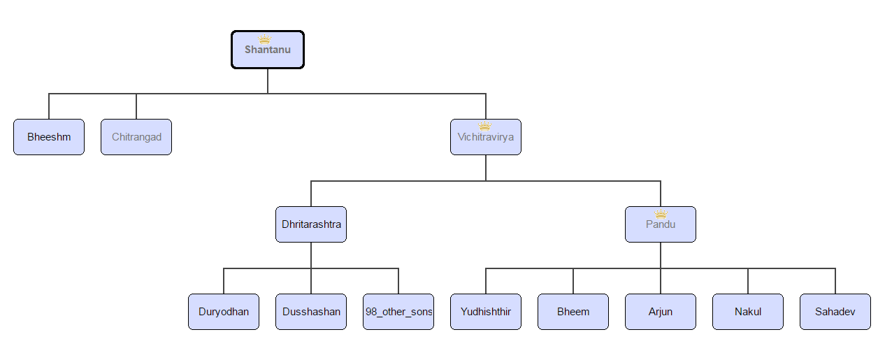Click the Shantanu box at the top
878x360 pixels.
click(x=268, y=50)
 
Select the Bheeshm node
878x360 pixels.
click(x=49, y=137)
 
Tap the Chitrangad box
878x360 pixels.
click(x=136, y=137)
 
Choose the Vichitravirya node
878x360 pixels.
click(x=486, y=138)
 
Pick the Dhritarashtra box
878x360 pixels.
click(x=311, y=225)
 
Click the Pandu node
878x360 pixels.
click(x=661, y=225)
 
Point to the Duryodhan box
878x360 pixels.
click(x=224, y=312)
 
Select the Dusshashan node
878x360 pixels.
click(x=311, y=312)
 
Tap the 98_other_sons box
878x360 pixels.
click(x=398, y=312)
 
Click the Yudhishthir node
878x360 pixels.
click(x=486, y=312)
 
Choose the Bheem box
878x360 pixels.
click(x=573, y=312)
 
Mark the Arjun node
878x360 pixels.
click(x=661, y=312)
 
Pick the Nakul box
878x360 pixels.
click(x=748, y=312)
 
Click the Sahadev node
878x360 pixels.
click(x=835, y=312)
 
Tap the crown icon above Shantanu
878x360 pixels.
click(x=264, y=39)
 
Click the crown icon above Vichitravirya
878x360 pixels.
click(x=484, y=127)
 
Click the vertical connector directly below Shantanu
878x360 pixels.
click(x=268, y=80)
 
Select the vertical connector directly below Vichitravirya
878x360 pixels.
click(x=486, y=168)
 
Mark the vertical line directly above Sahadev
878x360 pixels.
click(x=835, y=281)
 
